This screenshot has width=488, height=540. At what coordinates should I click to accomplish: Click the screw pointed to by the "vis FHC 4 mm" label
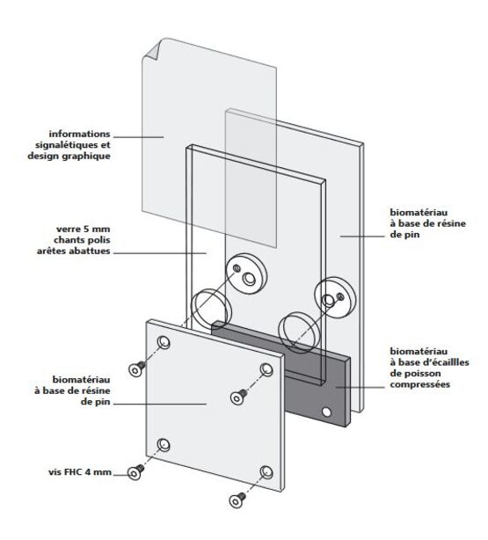click(135, 472)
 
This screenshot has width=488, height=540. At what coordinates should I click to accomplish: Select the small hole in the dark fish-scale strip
click(327, 411)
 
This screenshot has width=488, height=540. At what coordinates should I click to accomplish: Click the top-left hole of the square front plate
click(164, 340)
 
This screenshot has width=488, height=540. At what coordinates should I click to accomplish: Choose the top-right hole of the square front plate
click(266, 369)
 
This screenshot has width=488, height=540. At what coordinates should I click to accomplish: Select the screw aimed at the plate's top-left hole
click(135, 369)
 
